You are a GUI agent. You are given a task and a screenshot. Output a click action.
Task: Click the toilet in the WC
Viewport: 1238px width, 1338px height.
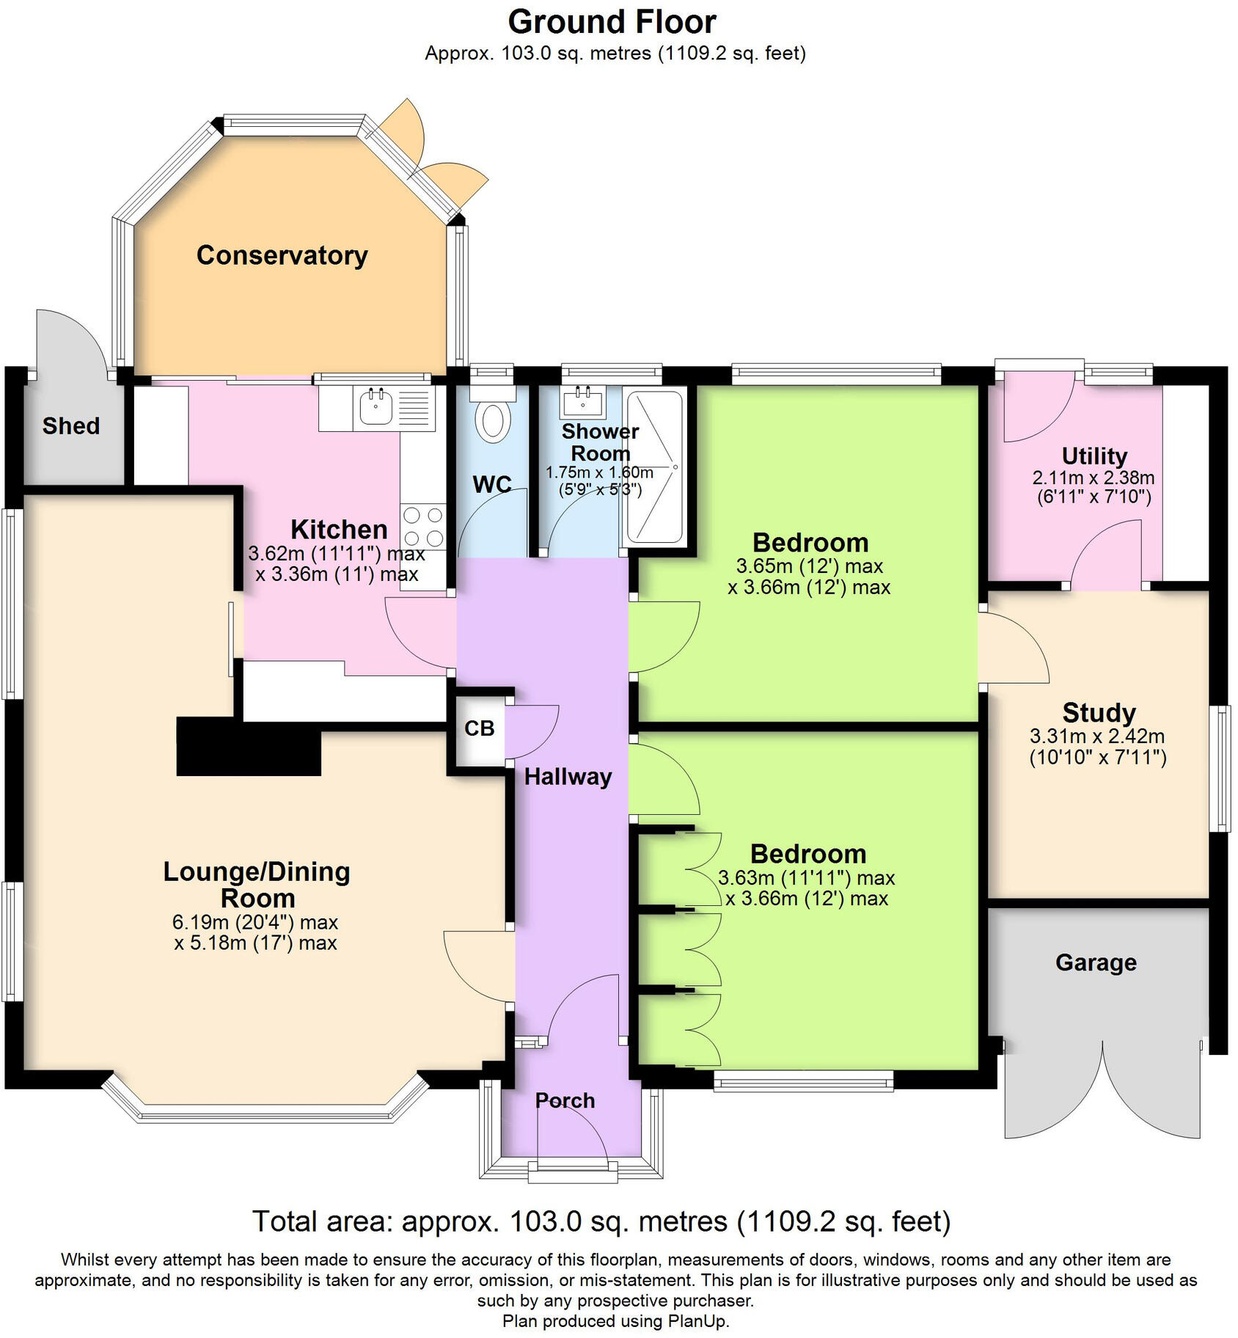[x=493, y=422]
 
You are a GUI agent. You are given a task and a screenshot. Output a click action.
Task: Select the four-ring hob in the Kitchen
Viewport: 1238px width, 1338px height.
[x=423, y=526]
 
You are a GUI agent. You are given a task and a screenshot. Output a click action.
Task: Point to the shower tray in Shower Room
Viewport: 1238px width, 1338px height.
[x=655, y=467]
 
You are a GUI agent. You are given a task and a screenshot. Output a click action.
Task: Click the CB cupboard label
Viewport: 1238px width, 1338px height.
[x=480, y=728]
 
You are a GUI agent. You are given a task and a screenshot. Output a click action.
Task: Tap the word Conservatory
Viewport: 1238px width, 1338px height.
[x=282, y=255]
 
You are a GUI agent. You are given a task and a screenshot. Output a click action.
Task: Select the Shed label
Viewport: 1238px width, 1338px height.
[x=70, y=425]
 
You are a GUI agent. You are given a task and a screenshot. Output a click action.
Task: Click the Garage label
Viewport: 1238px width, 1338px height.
[x=1096, y=962]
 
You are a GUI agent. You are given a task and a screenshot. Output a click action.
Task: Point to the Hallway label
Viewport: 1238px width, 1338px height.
[x=568, y=777]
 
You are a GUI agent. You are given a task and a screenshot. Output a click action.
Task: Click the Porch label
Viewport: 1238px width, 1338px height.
[x=565, y=1100]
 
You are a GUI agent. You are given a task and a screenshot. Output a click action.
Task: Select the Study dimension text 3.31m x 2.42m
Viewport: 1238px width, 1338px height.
[x=1097, y=736]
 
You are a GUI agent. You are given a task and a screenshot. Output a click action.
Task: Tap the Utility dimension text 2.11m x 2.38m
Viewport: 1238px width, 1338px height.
[x=1094, y=478]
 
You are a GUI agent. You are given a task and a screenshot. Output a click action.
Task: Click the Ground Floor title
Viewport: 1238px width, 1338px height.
[x=612, y=22]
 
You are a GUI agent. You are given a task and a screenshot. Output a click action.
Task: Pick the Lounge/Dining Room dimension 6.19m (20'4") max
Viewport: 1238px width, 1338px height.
[x=255, y=921]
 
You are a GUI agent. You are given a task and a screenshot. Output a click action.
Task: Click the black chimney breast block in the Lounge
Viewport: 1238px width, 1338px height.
[x=249, y=746]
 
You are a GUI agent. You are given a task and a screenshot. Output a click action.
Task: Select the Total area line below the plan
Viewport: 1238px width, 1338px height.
[x=601, y=1221]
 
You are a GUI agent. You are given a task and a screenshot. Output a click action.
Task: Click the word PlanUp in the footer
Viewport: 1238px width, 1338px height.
[x=697, y=1321]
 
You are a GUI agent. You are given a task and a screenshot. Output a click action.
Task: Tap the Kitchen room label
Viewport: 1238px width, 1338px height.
[x=339, y=529]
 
